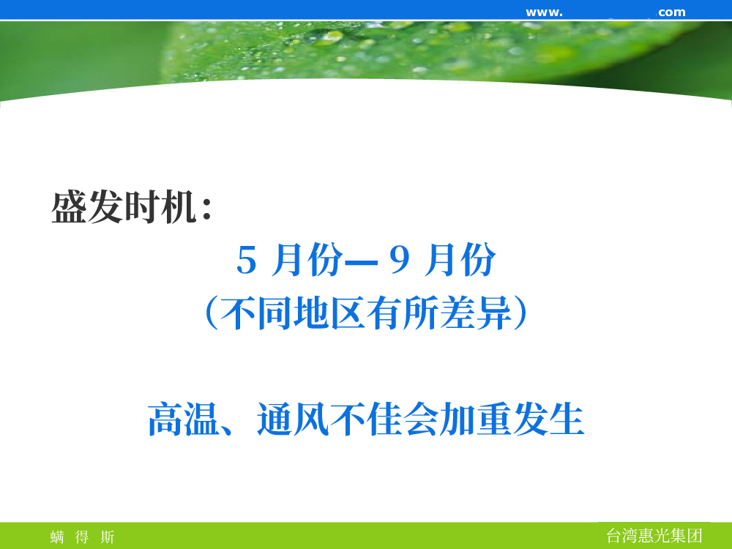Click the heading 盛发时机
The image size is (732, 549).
[x=123, y=207]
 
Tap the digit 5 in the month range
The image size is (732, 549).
[x=247, y=260]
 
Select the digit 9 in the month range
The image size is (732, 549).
[x=400, y=260]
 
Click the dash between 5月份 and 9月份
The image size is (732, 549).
[x=360, y=263]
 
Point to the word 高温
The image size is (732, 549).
[x=184, y=419]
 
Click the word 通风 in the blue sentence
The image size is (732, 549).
[x=293, y=419]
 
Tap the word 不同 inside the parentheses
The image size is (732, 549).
[x=255, y=313]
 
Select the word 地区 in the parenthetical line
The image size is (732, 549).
[x=329, y=313]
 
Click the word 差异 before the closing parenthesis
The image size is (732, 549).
[x=475, y=313]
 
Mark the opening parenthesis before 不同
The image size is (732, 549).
[x=212, y=313]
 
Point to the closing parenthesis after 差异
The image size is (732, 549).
[x=520, y=313]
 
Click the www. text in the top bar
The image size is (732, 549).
[x=545, y=12]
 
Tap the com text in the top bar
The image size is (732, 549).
[x=672, y=12]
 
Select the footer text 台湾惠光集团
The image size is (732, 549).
[x=654, y=536]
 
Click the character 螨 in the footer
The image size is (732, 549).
[x=57, y=537]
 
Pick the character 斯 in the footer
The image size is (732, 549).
[x=108, y=537]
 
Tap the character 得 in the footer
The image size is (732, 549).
[x=82, y=537]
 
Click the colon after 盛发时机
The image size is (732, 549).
[x=207, y=208]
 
